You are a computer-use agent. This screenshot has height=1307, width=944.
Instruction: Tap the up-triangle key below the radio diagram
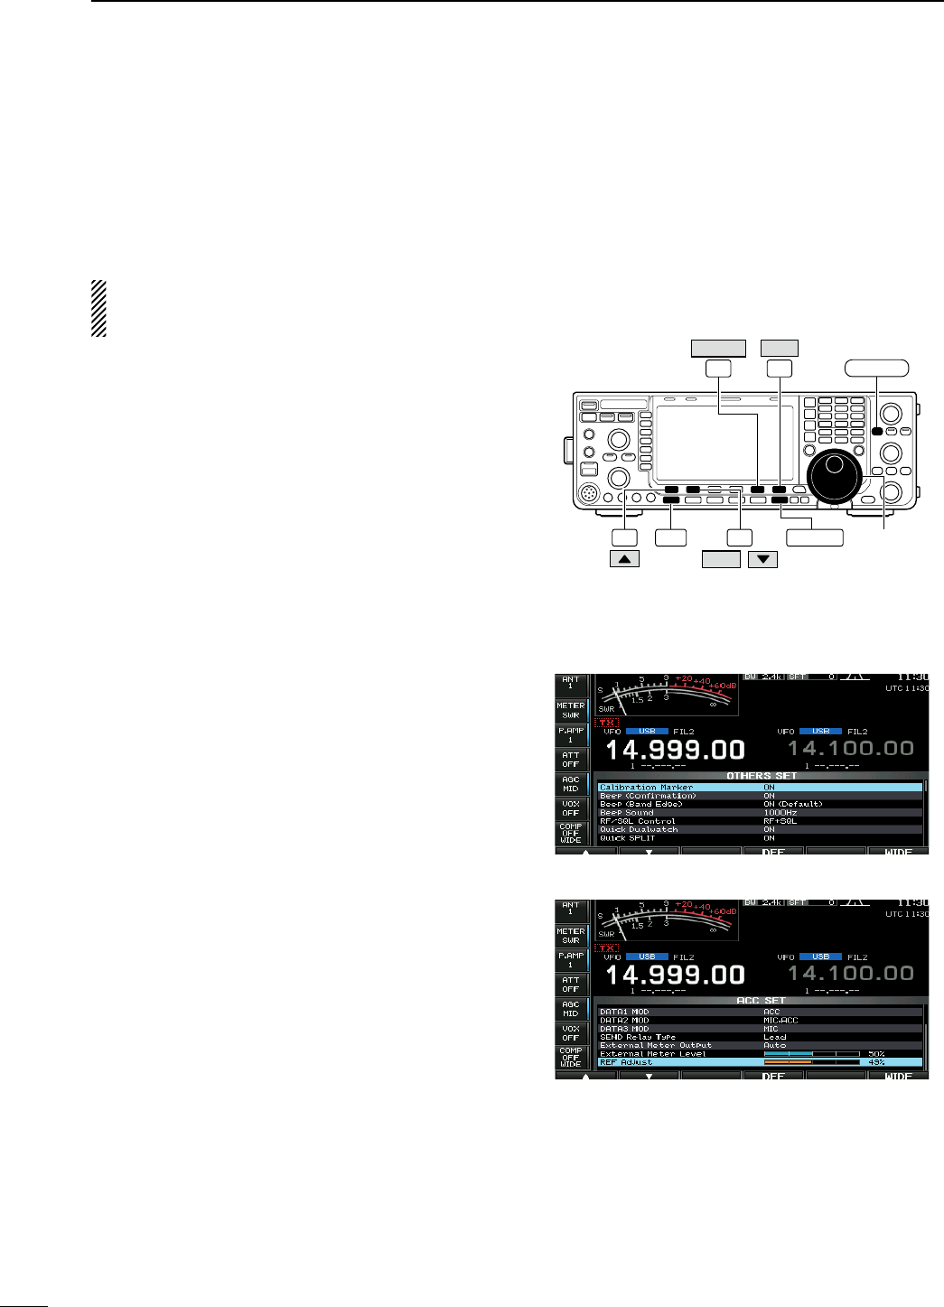point(624,559)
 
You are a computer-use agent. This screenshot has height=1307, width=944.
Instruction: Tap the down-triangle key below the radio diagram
point(763,559)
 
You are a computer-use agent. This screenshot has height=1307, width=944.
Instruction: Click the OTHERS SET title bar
point(762,776)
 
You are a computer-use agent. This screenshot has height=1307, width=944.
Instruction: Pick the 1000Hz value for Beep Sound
point(780,813)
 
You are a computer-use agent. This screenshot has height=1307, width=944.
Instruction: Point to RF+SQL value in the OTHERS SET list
point(780,821)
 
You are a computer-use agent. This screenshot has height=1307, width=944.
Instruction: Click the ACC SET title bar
point(762,1001)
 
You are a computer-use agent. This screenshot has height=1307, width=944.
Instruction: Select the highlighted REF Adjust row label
point(626,1062)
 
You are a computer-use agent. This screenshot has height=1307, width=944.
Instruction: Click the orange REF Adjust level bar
point(788,1062)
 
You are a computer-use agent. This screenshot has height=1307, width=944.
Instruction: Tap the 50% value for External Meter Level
point(875,1053)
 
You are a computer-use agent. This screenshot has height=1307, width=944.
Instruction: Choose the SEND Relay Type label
point(638,1037)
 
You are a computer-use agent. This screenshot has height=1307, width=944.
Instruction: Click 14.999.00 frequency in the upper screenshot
point(675,750)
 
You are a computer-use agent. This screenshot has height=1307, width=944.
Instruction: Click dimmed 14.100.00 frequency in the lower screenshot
point(850,974)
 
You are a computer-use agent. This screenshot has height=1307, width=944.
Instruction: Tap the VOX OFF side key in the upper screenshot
point(570,808)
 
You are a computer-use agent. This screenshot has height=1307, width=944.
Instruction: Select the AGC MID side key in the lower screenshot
point(570,1008)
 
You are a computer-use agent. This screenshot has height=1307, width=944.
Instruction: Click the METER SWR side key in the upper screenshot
point(570,710)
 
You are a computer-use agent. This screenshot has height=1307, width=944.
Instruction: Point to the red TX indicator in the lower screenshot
point(607,948)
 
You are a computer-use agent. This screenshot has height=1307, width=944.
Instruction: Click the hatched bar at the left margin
point(98,309)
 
